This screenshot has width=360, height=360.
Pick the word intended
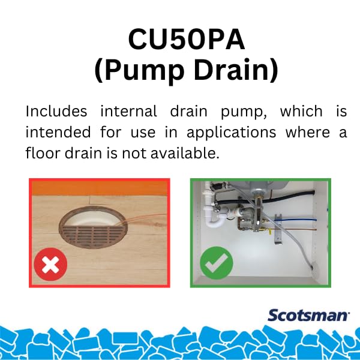59,132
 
